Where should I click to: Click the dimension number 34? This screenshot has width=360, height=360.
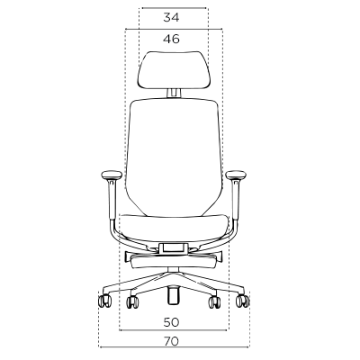171,18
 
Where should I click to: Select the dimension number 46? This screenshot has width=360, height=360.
172,39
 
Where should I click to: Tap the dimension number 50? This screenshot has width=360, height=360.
171,322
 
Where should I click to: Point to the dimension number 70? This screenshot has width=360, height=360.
171,341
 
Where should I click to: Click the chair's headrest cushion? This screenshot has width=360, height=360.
174,70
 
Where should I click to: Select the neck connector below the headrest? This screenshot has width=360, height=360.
174,93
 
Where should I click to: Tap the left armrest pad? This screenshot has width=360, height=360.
112,175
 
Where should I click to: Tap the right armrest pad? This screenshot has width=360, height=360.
236,175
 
